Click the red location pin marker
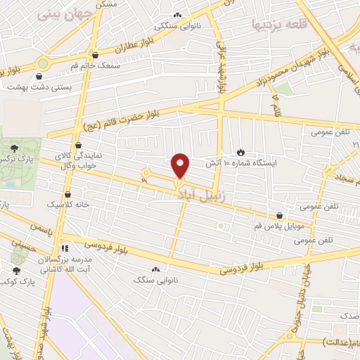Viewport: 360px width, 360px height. pos(181,166)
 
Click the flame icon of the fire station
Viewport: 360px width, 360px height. pos(241,152)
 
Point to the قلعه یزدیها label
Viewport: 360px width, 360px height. pos(279,24)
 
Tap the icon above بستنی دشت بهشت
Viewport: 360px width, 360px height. pos(43,75)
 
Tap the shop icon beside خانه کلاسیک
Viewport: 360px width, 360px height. pos(68,195)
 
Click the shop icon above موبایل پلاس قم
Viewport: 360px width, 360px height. pos(281,216)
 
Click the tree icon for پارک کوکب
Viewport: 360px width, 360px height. pos(15,269)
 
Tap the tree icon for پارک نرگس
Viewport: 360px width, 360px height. pos(15,147)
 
